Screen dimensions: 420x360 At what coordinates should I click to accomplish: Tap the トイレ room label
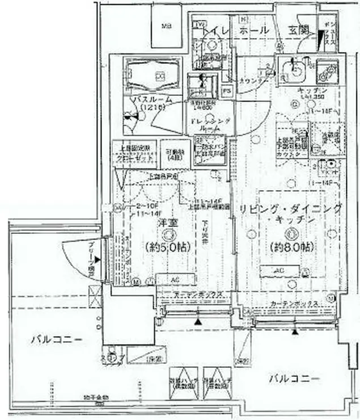click(217, 30)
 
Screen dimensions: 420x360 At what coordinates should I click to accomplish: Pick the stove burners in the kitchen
click(326, 71)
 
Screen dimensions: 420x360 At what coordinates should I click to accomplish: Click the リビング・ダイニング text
click(290, 209)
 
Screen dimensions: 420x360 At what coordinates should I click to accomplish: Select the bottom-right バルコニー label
click(294, 379)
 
